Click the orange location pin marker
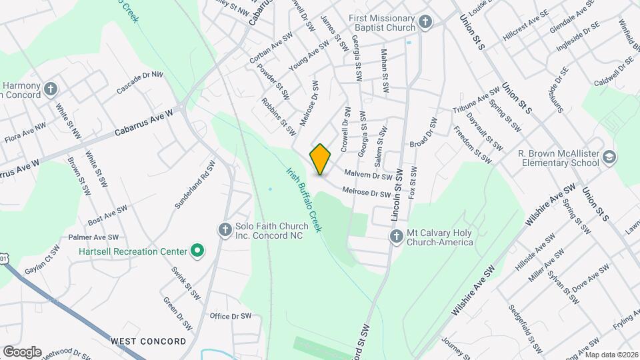pos(321,159)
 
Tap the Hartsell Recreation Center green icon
pos(197,251)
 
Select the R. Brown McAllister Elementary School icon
pos(608,157)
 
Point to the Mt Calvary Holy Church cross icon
pos(397,236)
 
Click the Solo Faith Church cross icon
pos(225,230)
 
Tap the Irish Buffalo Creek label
pos(304,199)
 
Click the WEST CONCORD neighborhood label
pos(148,341)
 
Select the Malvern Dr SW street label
pos(367,176)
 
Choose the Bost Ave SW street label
pos(107,215)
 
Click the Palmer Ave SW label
pos(93,237)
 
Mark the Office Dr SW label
pos(230,316)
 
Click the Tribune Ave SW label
pos(476,100)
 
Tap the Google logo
pos(22,351)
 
